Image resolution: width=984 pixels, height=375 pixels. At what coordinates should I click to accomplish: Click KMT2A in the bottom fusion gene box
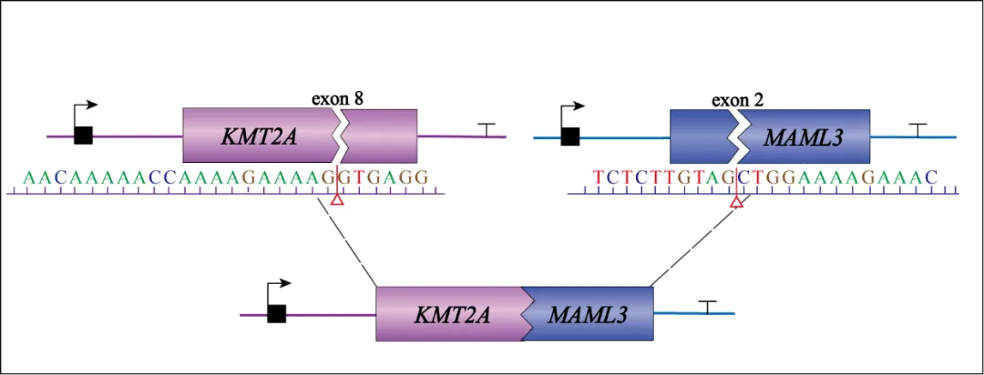[452, 315]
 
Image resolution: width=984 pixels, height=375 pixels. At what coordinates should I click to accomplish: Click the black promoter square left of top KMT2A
[84, 136]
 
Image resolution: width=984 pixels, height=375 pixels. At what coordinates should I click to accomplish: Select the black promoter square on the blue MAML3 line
[570, 137]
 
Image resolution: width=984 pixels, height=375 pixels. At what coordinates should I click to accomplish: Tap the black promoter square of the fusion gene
[277, 314]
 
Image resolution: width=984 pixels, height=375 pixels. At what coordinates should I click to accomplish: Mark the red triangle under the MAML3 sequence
[737, 207]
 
